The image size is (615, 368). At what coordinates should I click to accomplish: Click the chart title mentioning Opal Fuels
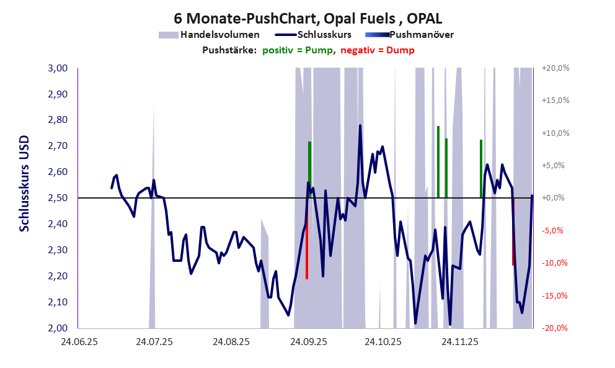click(307, 19)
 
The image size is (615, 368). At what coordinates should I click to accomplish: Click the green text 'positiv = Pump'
click(298, 50)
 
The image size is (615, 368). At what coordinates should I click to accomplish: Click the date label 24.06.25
click(78, 342)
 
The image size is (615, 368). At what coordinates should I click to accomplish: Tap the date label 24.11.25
click(459, 342)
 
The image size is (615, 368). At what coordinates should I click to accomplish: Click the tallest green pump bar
click(438, 161)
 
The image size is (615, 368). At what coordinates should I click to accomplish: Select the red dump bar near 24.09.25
click(307, 248)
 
